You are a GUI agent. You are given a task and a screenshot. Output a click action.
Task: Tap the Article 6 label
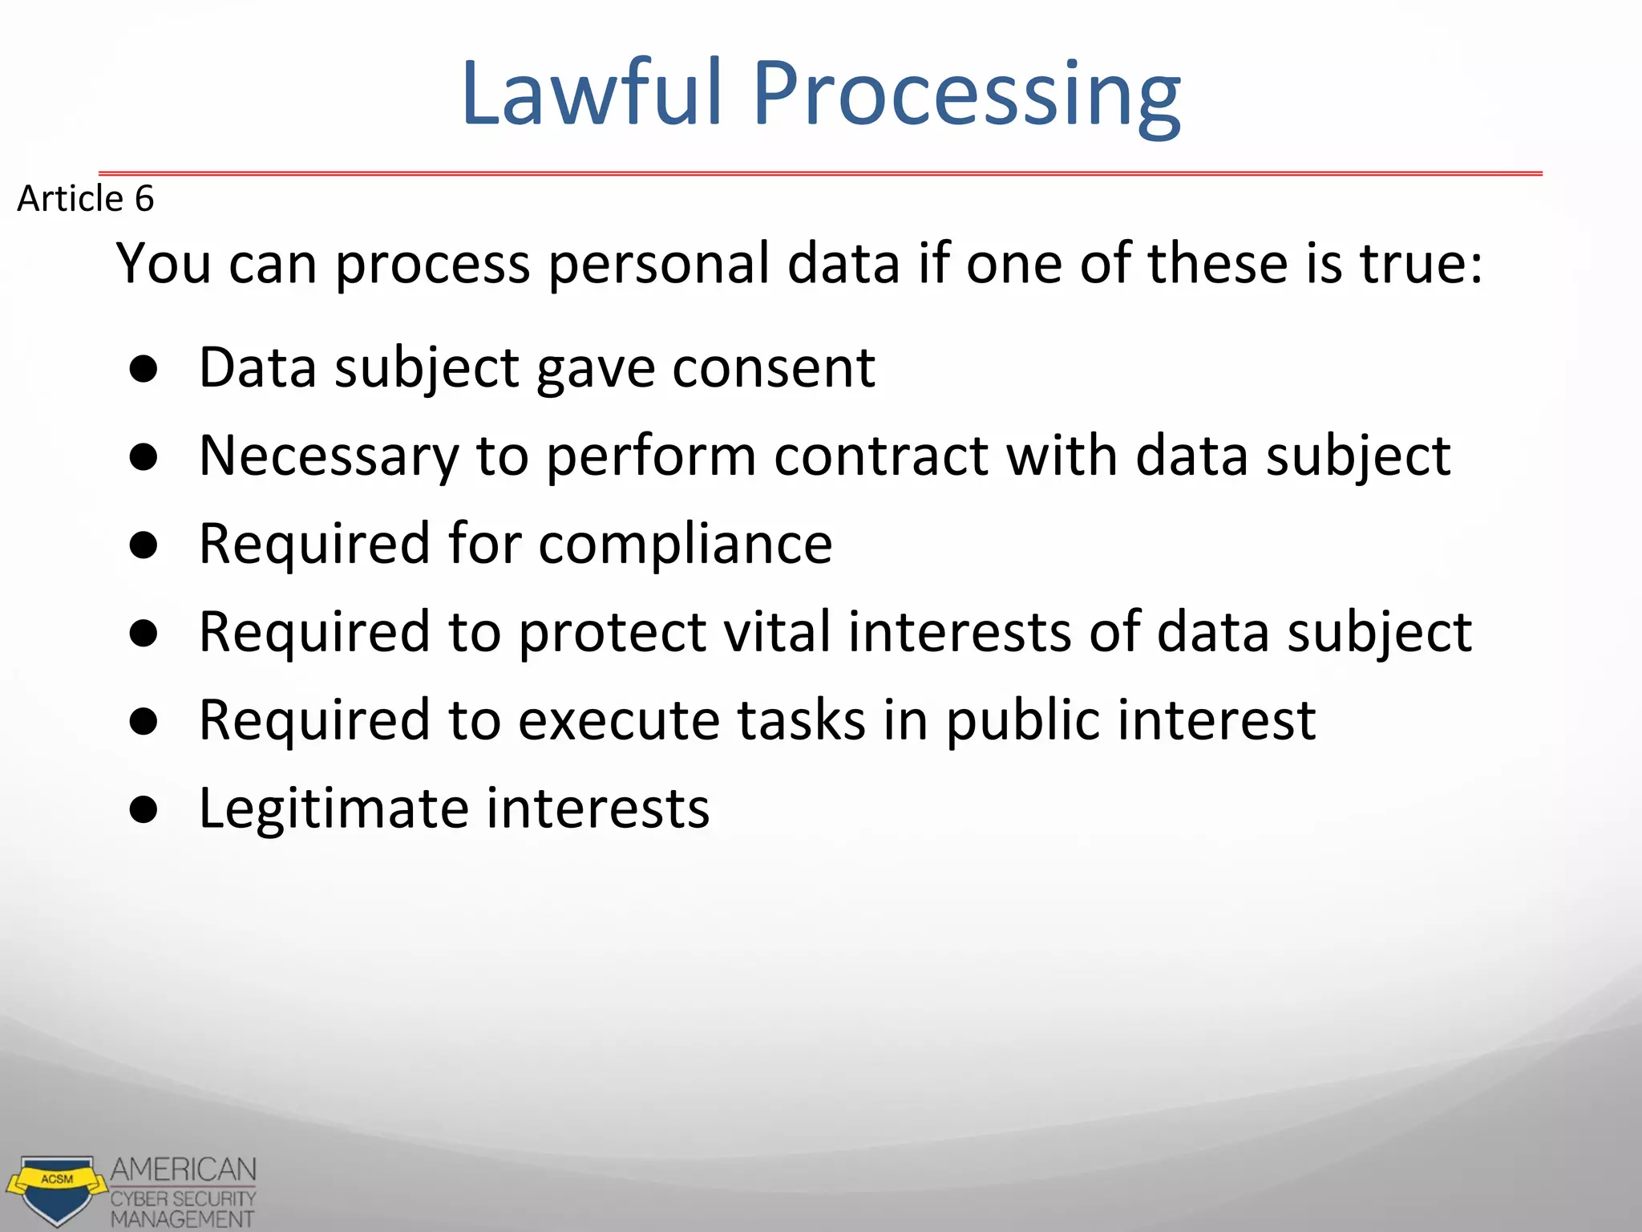[85, 198]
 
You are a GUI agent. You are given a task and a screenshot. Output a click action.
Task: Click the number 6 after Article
[144, 198]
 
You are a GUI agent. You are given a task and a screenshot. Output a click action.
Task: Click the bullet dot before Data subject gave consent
[144, 369]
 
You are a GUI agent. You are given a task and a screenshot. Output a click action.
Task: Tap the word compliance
[685, 545]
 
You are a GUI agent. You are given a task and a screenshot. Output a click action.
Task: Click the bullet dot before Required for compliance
[144, 545]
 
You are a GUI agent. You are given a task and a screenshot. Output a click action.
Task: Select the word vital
[777, 631]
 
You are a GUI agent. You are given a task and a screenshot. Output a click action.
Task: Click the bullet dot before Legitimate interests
[144, 810]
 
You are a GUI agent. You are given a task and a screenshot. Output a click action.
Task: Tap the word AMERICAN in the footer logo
[183, 1169]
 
